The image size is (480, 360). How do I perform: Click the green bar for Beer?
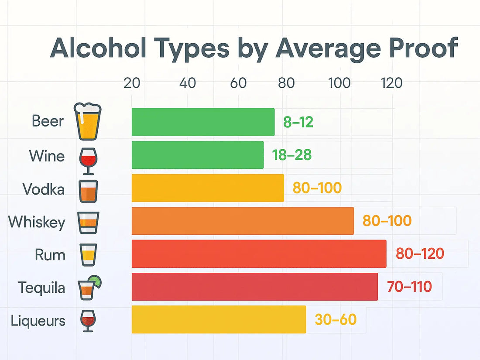tap(203, 122)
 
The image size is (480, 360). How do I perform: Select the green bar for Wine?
tap(197, 155)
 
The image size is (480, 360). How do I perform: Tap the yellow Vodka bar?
tap(208, 188)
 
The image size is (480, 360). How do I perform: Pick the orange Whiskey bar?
tap(243, 221)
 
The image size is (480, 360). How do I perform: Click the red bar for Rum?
tap(259, 254)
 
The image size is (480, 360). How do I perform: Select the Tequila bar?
tap(254, 287)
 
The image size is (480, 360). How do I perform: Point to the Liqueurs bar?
tap(219, 319)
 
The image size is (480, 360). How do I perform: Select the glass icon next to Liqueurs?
tap(88, 321)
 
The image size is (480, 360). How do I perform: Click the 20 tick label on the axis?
tap(132, 82)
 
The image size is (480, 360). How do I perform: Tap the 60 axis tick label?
tap(238, 82)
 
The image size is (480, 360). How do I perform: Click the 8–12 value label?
tap(298, 122)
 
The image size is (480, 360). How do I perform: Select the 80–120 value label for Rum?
tap(420, 254)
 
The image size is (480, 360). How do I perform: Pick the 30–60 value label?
tap(336, 319)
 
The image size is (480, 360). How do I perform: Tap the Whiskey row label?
tap(37, 222)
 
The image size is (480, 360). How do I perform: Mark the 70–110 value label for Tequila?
tap(409, 287)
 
